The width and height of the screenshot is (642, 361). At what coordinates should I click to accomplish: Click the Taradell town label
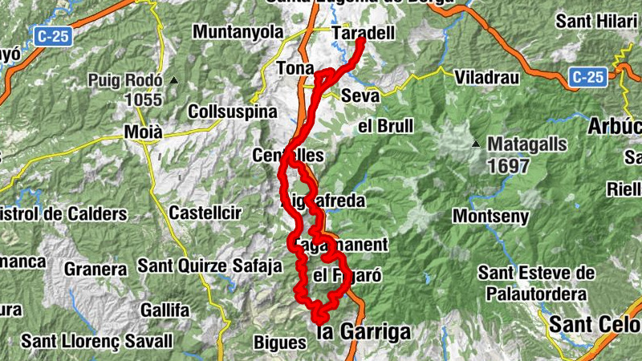point(363,34)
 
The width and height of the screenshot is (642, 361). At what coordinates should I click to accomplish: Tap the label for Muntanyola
point(238,32)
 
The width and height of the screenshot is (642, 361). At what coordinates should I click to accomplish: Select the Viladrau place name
point(487,78)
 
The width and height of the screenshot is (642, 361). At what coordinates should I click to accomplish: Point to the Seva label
point(360,95)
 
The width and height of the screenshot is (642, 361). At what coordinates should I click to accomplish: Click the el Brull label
point(386,126)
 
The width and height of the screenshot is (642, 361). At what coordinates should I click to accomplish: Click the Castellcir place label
point(204,213)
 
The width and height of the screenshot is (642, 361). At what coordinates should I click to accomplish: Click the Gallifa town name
point(165,310)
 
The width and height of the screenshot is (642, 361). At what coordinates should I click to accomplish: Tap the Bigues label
point(280,343)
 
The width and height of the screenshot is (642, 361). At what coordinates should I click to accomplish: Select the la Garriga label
point(364,331)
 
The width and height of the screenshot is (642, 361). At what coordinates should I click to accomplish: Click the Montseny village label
point(491,217)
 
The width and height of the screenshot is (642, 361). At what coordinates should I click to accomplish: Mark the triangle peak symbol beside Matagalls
point(476,144)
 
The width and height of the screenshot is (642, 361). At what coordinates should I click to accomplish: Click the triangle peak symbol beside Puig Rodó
point(173,80)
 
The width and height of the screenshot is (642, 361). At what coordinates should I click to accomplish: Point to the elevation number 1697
point(507,166)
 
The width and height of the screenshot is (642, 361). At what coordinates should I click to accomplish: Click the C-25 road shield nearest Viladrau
point(588,77)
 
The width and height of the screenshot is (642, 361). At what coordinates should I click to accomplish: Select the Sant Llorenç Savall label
point(97,341)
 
